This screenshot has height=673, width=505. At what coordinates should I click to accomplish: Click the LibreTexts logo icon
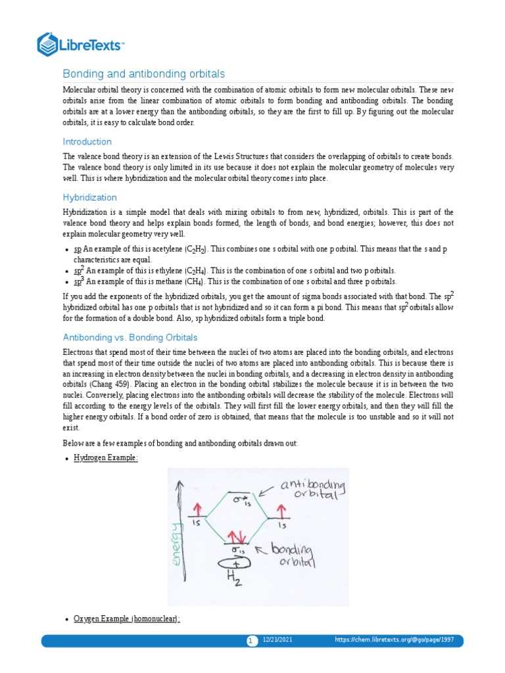48,44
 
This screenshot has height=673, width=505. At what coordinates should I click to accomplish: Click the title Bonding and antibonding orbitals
143,74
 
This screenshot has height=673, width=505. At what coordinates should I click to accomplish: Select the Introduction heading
87,141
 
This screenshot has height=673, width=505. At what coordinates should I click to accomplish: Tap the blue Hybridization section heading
89,197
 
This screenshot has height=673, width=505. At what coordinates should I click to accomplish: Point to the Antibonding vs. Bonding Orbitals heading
130,337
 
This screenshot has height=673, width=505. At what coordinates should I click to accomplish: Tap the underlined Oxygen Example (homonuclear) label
127,619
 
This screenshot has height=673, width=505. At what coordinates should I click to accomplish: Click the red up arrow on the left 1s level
195,509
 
